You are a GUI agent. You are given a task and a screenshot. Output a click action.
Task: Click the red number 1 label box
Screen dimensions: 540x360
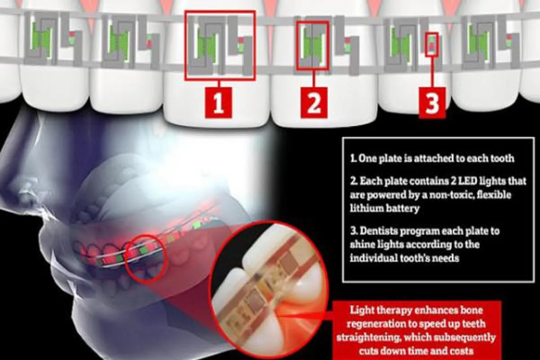(218, 103)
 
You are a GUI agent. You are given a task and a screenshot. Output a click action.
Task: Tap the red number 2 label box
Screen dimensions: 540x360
(314, 103)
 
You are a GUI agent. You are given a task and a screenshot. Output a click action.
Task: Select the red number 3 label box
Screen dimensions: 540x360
(432, 103)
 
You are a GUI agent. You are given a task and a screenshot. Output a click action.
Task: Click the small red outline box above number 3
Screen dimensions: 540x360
(432, 45)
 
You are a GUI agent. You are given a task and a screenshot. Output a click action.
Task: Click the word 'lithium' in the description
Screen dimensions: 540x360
(365, 208)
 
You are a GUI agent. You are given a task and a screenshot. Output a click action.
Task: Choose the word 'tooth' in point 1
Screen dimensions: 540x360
(502, 158)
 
